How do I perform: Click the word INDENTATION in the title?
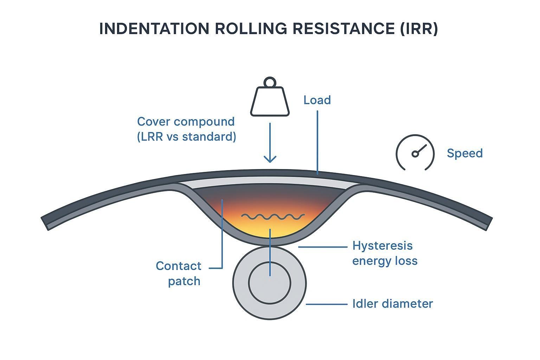pos(154,29)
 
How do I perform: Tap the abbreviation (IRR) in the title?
pos(419,29)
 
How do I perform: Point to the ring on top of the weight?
pos(270,82)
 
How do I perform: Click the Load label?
pos(317,100)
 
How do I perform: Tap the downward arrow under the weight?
pos(270,143)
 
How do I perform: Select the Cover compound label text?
pos(186,122)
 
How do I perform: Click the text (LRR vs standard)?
pos(186,137)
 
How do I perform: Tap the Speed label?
pos(464,153)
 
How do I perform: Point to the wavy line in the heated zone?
pos(273,217)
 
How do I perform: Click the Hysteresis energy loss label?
pos(384,253)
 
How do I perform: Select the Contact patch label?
pos(179,274)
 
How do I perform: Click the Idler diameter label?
pos(392,303)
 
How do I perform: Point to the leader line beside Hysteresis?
pos(322,247)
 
